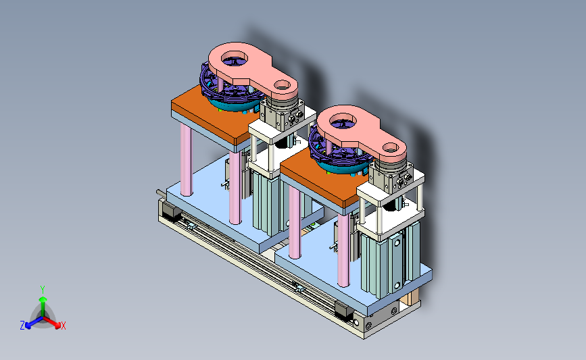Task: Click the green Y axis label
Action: [42, 290]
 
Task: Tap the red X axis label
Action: [63, 326]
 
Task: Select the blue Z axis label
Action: [22, 326]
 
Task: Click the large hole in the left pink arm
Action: [235, 59]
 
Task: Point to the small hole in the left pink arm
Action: [282, 85]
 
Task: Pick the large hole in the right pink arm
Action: [343, 121]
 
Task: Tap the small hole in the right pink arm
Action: [391, 147]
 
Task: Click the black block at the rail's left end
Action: [171, 211]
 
